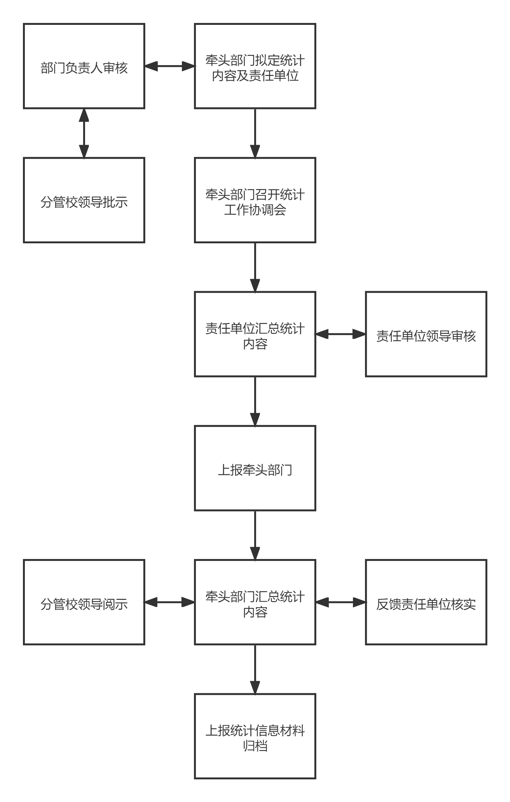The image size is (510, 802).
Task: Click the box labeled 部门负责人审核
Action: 84,66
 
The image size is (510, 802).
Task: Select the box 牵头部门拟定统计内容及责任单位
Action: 255,66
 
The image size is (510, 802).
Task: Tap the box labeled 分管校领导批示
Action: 84,200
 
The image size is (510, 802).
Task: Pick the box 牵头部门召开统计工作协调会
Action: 255,200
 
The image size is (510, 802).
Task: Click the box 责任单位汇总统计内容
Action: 255,334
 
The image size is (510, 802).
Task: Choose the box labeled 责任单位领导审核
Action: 426,334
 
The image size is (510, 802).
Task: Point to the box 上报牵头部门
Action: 255,468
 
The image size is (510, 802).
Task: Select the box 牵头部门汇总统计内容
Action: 255,602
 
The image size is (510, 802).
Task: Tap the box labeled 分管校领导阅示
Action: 84,602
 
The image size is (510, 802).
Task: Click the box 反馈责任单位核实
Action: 426,602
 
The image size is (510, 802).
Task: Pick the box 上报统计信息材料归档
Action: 255,736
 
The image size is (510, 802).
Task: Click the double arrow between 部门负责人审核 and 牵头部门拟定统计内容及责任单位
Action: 169,66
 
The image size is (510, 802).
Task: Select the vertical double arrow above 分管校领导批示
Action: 84,133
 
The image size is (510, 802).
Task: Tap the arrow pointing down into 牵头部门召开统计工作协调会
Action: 255,133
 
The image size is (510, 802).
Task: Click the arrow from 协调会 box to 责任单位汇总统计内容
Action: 255,267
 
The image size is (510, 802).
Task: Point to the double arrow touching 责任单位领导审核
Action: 340,334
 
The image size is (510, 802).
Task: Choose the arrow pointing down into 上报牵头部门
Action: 255,401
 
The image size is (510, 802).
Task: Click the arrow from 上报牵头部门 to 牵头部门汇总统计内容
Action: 255,535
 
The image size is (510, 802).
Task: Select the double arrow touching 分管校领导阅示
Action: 169,602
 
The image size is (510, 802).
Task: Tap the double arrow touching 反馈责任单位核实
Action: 340,602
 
